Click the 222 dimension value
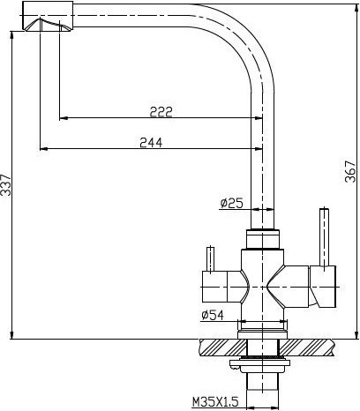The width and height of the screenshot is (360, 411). (x=161, y=112)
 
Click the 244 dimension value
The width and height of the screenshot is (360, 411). (x=151, y=143)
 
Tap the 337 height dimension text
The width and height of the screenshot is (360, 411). (x=5, y=185)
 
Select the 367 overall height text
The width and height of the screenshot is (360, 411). (x=350, y=171)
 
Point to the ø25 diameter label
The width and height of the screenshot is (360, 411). (x=232, y=203)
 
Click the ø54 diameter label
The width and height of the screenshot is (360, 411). (x=213, y=315)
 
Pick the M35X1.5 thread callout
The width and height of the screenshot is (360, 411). (x=215, y=401)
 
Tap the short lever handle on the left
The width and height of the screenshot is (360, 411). (x=210, y=259)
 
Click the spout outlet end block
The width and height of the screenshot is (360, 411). (x=48, y=16)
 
